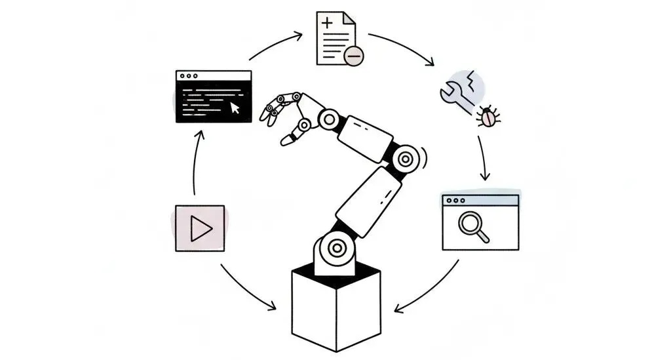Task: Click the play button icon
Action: click(200, 228)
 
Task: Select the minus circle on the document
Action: click(353, 56)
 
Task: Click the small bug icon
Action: click(489, 117)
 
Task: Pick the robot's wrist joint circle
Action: click(329, 119)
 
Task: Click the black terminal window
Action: click(214, 97)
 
